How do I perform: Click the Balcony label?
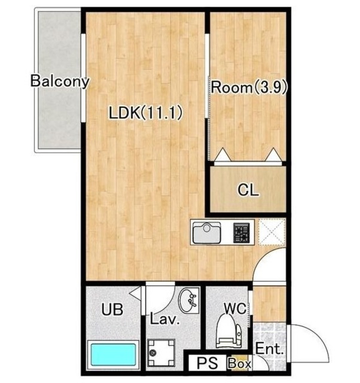(x=60, y=81)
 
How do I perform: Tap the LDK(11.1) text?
(x=146, y=113)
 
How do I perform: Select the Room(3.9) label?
(x=249, y=87)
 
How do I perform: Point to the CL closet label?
(x=248, y=190)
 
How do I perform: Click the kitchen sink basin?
(x=207, y=233)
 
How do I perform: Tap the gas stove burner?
(x=242, y=233)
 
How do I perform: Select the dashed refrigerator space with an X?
(x=271, y=232)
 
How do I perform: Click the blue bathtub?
(x=113, y=354)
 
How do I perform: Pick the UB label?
(x=112, y=309)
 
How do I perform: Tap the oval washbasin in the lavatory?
(x=188, y=300)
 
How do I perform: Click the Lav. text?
(x=164, y=319)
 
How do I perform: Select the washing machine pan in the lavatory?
(x=161, y=352)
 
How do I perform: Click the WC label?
(x=236, y=309)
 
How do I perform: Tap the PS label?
(x=208, y=363)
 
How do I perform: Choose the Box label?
(x=239, y=364)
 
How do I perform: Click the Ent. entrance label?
(x=269, y=349)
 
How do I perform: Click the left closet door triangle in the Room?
(x=222, y=154)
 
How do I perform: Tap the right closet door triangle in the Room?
(x=274, y=154)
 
